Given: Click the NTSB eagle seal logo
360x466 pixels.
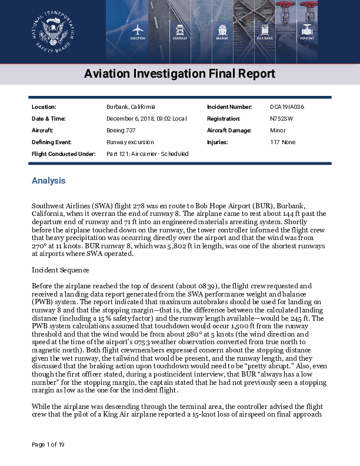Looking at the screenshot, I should (53, 31).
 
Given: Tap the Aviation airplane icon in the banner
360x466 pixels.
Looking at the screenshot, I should (138, 31).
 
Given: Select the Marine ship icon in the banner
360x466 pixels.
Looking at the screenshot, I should (223, 31).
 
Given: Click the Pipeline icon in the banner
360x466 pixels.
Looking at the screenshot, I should (308, 31).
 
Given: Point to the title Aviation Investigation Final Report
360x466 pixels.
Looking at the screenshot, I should (179, 74).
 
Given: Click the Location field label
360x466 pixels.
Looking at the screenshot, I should (44, 107).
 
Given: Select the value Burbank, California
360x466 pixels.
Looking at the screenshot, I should (131, 107).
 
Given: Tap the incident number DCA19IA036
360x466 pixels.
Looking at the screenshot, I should (287, 107).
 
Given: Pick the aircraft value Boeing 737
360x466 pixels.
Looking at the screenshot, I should (121, 131).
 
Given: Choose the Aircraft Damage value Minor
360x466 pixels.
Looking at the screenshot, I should (278, 131).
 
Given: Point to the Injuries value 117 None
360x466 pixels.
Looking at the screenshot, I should (283, 142).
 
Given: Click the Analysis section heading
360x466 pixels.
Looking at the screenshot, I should (48, 181).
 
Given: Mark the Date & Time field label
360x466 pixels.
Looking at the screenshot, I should (48, 119).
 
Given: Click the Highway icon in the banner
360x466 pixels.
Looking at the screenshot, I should (180, 31).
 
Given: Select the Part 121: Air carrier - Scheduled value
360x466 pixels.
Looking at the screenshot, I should (148, 154).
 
